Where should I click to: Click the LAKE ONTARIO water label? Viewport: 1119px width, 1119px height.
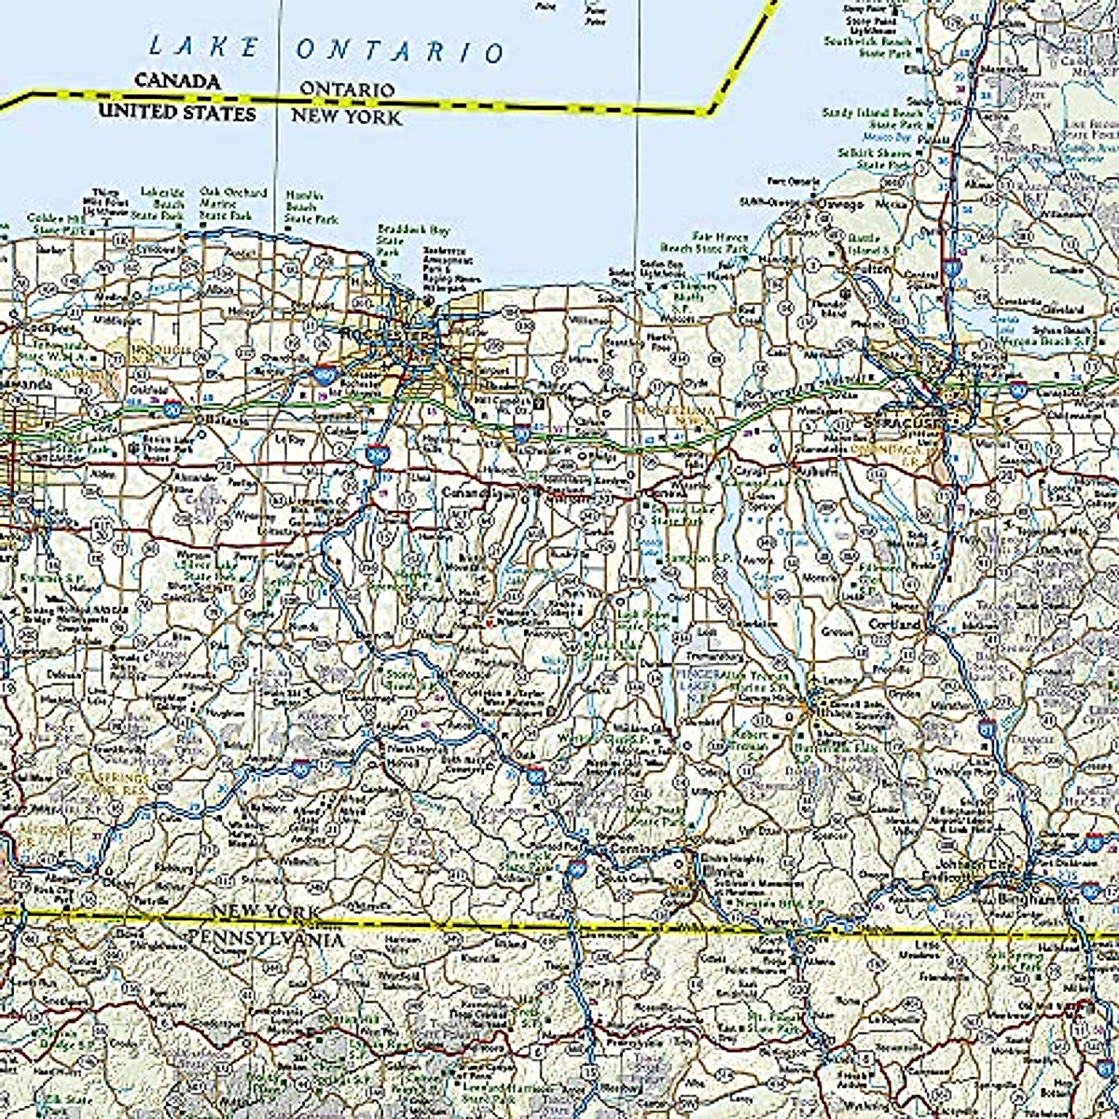(326, 48)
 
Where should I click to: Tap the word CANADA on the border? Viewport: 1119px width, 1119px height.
(177, 81)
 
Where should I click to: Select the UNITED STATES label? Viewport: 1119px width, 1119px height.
(177, 112)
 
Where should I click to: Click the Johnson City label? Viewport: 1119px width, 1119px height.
(974, 863)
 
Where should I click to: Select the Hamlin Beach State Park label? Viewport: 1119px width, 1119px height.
(304, 207)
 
